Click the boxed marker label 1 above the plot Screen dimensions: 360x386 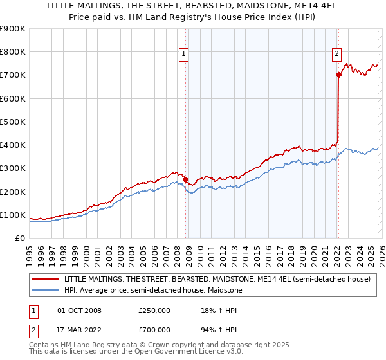[184, 55]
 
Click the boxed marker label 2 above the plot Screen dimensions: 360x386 [336, 55]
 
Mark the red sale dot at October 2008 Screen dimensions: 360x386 [185, 180]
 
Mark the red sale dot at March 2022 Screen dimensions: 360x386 [338, 75]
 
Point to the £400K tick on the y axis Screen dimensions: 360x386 [14, 145]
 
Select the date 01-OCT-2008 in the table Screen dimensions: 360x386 [79, 310]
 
